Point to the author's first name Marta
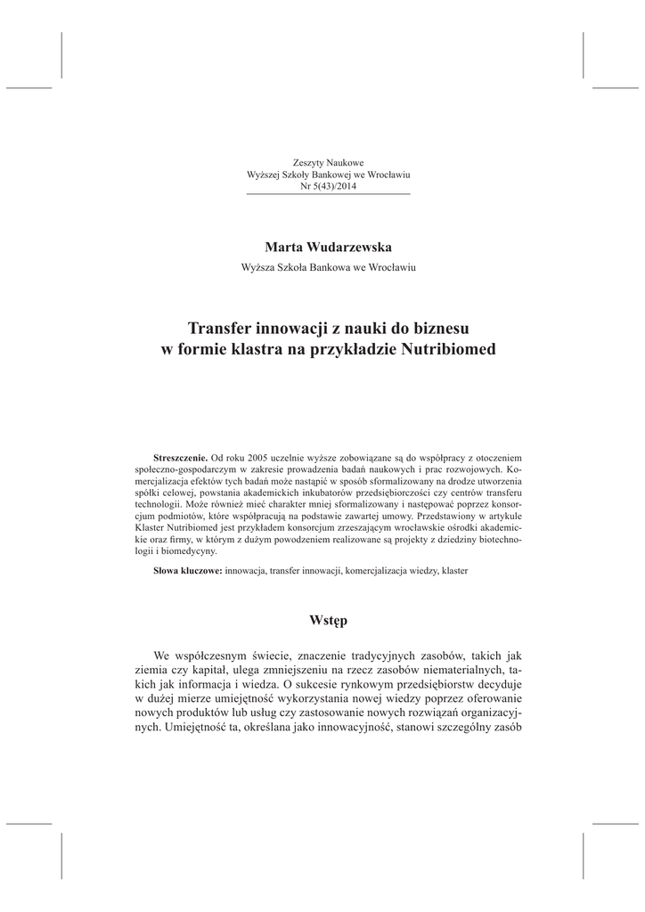point(283,245)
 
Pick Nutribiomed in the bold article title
point(442,350)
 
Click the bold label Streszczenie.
point(180,456)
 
